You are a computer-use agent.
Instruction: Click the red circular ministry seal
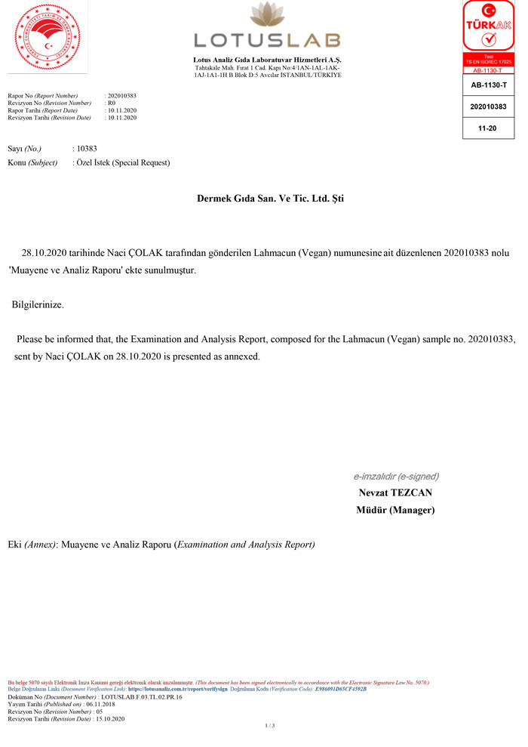pyautogui.click(x=47, y=38)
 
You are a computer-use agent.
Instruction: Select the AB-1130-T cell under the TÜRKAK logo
pyautogui.click(x=488, y=86)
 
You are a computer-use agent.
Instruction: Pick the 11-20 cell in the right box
pyautogui.click(x=488, y=128)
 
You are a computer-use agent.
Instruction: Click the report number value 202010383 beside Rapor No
pyautogui.click(x=122, y=96)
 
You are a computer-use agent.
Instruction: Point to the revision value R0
pyautogui.click(x=112, y=103)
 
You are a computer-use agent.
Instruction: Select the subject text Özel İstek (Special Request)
pyautogui.click(x=123, y=162)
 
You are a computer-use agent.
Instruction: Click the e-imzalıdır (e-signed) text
pyautogui.click(x=396, y=477)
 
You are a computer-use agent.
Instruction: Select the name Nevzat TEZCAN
pyautogui.click(x=395, y=493)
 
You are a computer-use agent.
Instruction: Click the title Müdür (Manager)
pyautogui.click(x=395, y=510)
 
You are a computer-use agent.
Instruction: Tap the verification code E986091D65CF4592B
pyautogui.click(x=340, y=690)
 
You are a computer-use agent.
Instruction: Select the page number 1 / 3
pyautogui.click(x=269, y=726)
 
